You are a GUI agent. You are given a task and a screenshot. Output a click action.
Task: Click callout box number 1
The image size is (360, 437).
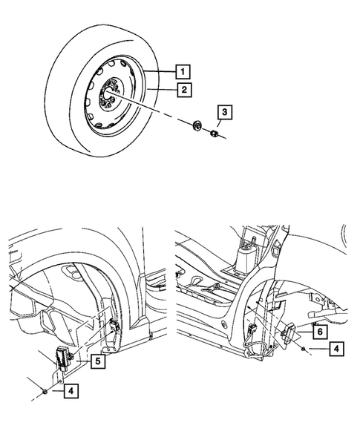pos(180,72)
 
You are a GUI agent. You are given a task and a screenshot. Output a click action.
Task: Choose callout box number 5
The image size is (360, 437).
pos(96,361)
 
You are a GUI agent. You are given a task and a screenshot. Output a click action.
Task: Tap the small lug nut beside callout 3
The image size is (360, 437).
pos(213,134)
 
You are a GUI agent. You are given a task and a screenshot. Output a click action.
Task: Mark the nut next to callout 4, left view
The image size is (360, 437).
pos(48,391)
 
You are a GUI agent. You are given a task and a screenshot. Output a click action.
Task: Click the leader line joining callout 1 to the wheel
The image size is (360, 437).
pos(160,73)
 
